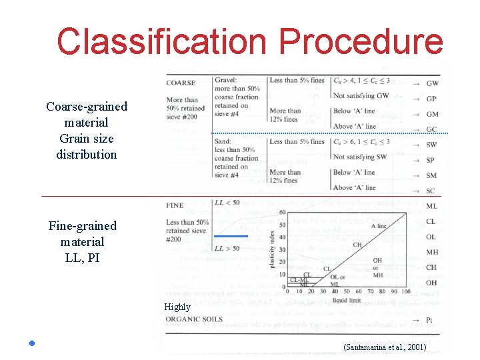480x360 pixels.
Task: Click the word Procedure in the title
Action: pos(361,41)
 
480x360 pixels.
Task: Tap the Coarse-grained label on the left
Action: pos(87,107)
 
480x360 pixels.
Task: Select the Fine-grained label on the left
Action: pos(82,226)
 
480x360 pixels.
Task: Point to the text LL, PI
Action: pos(82,257)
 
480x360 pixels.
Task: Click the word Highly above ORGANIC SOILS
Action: pos(177,307)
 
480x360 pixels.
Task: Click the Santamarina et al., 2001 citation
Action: pos(384,347)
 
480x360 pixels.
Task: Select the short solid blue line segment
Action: pos(231,236)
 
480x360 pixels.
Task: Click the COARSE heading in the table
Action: pos(181,83)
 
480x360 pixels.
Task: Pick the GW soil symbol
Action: pos(432,84)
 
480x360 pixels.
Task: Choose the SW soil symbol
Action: pos(431,145)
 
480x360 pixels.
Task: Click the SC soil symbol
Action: pos(431,191)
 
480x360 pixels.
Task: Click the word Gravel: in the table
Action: pos(226,81)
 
